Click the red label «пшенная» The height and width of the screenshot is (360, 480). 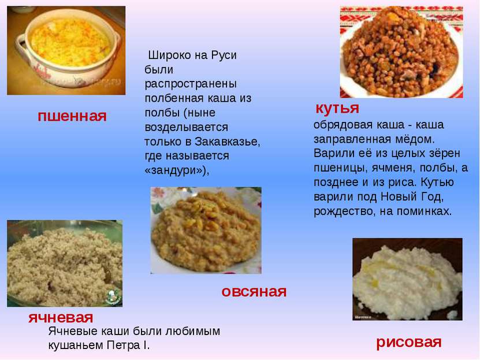[72, 116]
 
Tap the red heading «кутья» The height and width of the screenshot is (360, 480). [337, 107]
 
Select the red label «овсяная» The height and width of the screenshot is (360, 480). [254, 292]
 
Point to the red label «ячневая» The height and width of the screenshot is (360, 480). [61, 318]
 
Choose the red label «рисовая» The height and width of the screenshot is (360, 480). [409, 343]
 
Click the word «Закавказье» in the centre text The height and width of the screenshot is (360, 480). [227, 142]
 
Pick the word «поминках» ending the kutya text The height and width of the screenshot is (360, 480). [425, 211]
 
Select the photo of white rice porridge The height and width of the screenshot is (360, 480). [407, 279]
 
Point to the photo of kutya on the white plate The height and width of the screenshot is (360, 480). [401, 52]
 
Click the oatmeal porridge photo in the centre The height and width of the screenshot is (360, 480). [206, 231]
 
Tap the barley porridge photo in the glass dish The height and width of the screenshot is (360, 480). [65, 263]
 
